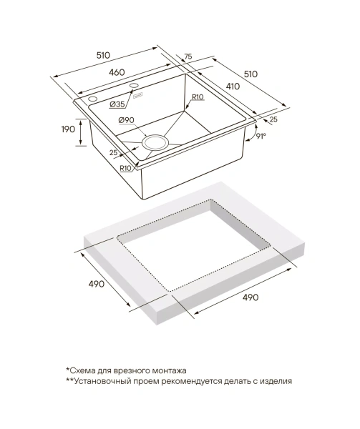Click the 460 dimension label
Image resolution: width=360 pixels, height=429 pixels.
point(117,72)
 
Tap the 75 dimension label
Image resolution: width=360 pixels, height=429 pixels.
point(188,56)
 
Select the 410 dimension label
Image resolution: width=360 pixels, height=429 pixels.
point(233,87)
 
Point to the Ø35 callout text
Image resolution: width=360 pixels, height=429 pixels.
point(117,104)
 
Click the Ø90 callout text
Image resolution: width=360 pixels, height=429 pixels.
point(126,120)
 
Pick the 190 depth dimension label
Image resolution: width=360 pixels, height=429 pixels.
point(68,129)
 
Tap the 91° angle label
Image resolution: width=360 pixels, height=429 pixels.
point(261,136)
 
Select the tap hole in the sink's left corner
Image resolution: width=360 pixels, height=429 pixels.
point(92,99)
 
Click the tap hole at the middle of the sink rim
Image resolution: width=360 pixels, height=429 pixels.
point(135,86)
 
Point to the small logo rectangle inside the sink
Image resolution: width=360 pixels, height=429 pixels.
point(137,96)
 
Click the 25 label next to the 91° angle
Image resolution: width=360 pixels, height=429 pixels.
point(273,119)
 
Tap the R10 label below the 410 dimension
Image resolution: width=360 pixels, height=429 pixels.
point(198,97)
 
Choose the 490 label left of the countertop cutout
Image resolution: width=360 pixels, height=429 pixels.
point(97,284)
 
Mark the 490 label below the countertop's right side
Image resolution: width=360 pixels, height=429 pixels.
point(250,297)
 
